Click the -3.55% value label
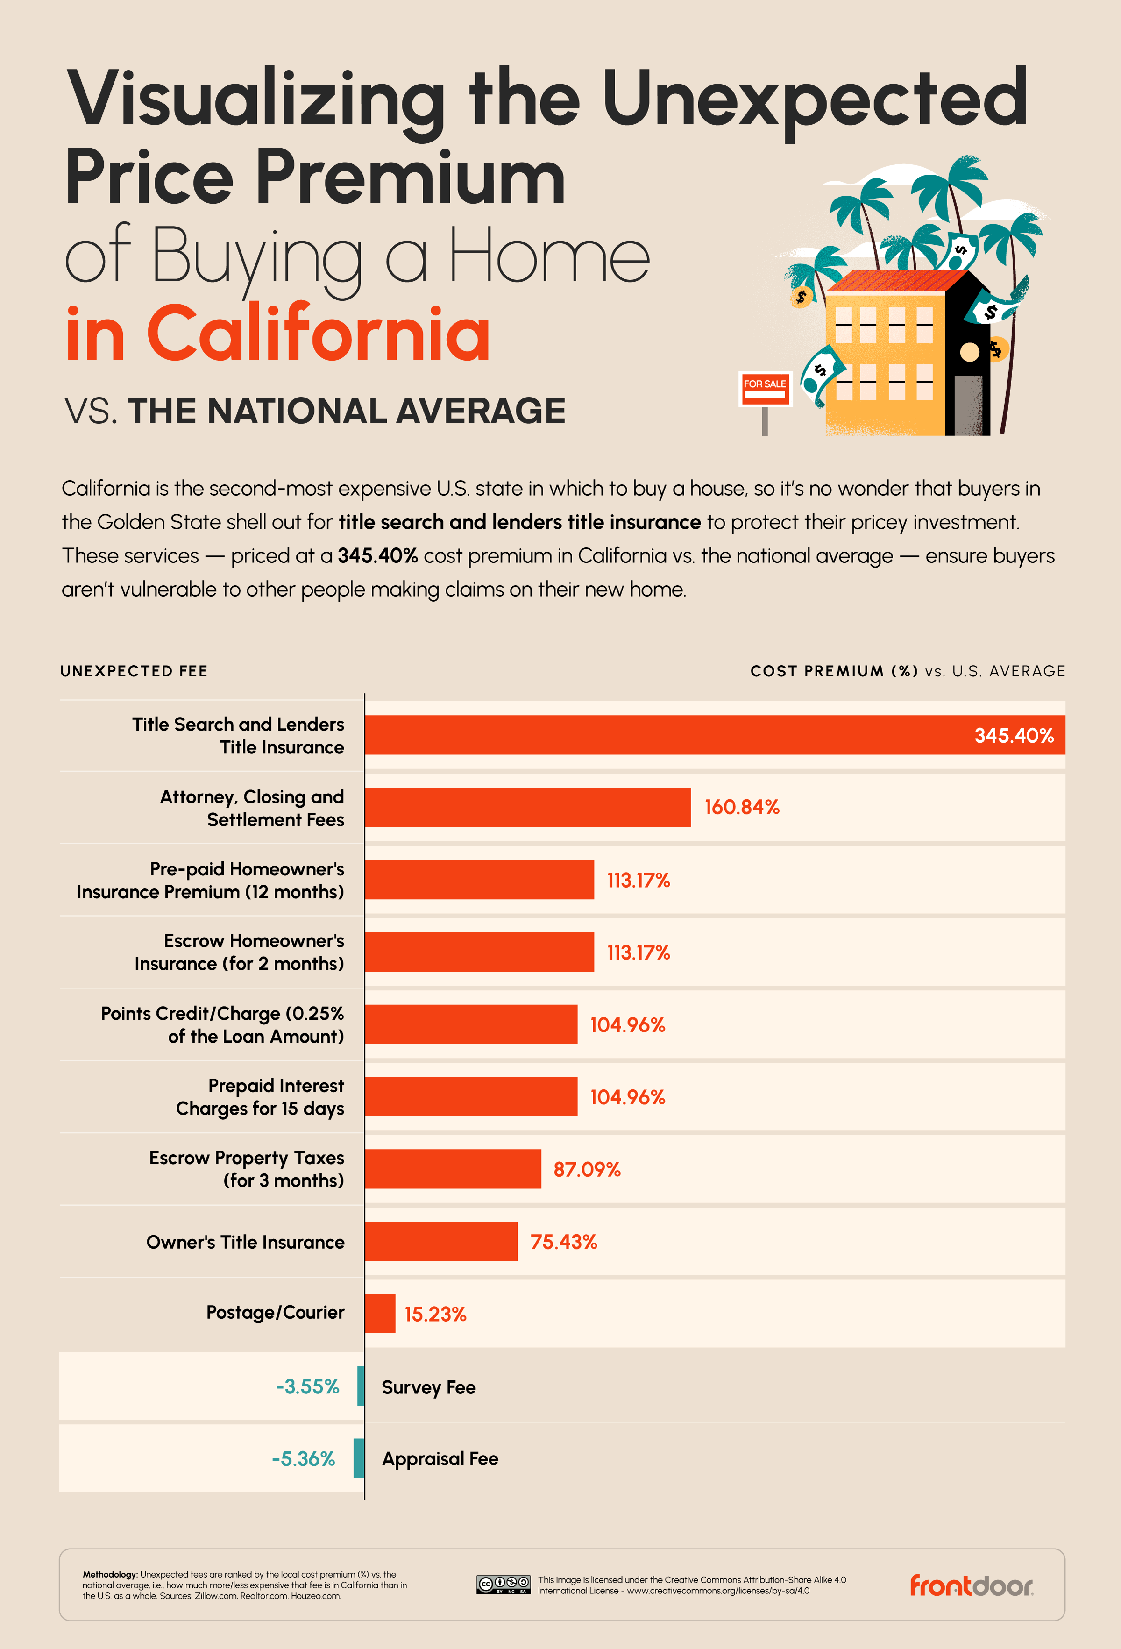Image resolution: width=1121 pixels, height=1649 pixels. (307, 1386)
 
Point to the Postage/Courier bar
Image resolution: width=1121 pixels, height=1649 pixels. (380, 1314)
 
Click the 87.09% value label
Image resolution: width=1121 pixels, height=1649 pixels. (587, 1169)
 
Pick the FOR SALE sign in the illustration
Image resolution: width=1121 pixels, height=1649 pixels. (765, 388)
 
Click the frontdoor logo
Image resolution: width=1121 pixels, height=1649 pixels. (971, 1585)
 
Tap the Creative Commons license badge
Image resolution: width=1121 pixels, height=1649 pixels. (503, 1585)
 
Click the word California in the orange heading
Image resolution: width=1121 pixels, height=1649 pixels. (318, 334)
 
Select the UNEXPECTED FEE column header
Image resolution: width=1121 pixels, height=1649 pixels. (134, 671)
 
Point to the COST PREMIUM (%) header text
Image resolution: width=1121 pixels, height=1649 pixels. (834, 671)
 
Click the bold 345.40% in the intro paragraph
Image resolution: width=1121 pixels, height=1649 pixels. (377, 555)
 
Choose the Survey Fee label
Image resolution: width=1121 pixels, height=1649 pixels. (428, 1387)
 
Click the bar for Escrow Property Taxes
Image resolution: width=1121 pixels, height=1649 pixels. (453, 1169)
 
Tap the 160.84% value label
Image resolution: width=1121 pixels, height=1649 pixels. (741, 808)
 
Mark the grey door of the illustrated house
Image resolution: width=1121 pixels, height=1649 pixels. (968, 405)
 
